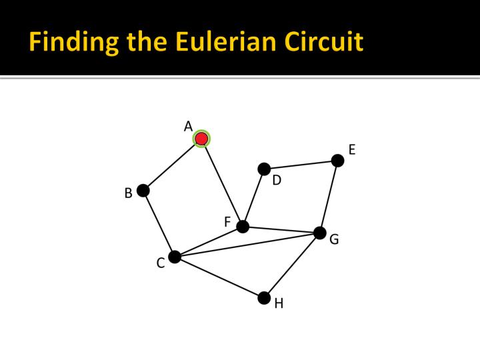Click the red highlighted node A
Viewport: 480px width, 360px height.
click(201, 139)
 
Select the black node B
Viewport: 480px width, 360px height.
click(143, 191)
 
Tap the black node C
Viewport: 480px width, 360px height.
click(175, 257)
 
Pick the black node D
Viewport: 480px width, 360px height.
click(264, 169)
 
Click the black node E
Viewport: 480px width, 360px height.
click(337, 161)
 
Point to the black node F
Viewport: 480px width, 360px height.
click(243, 227)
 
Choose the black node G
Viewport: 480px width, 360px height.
click(320, 233)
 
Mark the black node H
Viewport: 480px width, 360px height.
click(264, 297)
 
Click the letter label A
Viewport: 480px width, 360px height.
click(188, 126)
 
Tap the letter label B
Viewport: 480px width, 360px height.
click(128, 194)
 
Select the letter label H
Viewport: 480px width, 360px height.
click(279, 304)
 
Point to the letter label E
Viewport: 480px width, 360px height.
click(352, 149)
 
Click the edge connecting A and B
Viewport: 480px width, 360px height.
click(172, 165)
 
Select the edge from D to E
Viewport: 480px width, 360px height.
click(301, 165)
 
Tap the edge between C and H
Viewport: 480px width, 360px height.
click(219, 277)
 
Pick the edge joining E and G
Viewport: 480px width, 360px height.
click(329, 197)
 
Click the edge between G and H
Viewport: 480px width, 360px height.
click(292, 265)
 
